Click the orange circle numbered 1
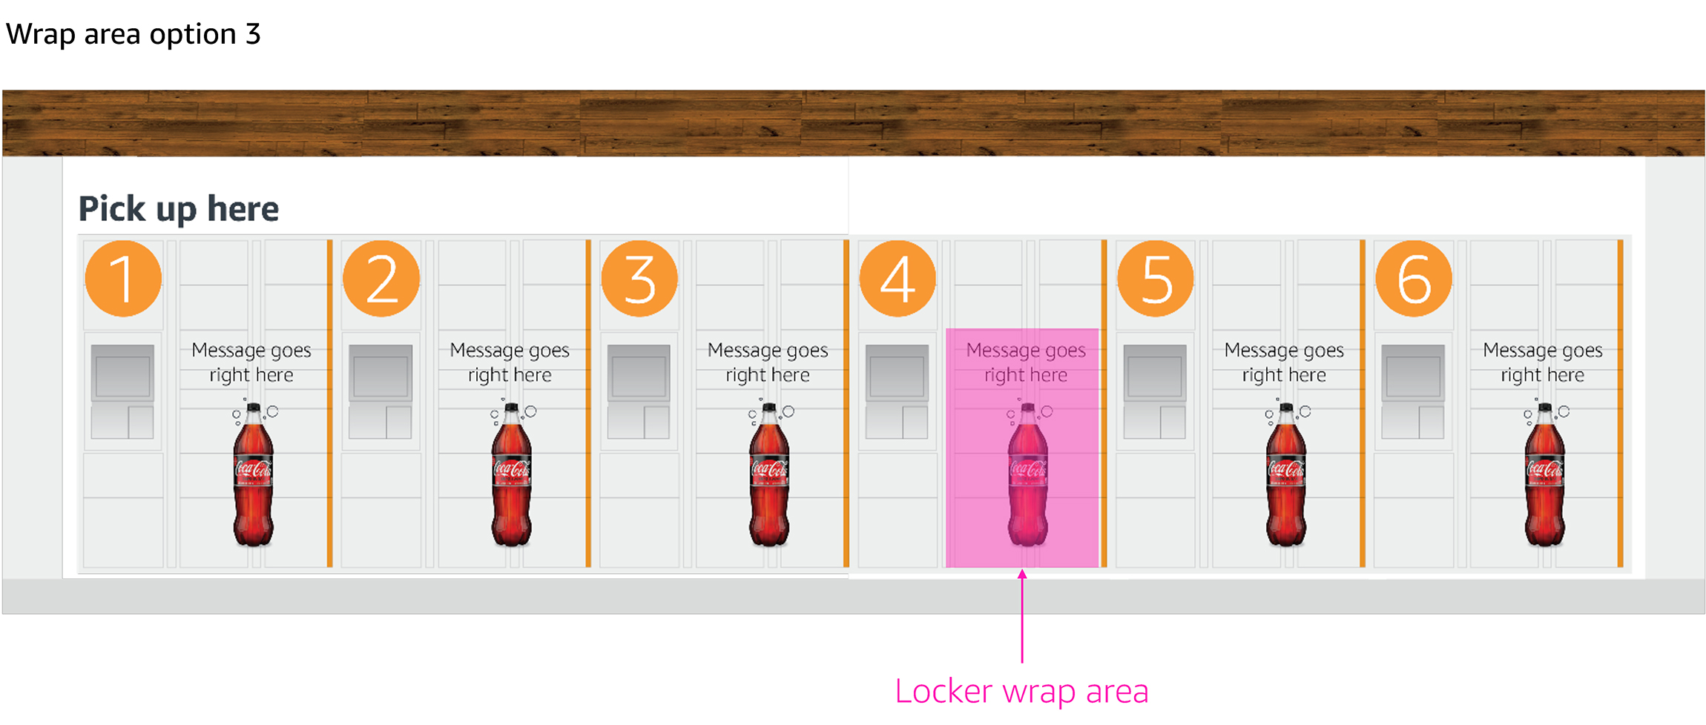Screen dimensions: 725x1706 tap(123, 279)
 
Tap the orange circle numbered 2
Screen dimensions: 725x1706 tap(381, 279)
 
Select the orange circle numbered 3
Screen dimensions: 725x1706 tap(639, 279)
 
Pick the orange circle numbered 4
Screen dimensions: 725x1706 tap(898, 279)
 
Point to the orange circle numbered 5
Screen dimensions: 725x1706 tap(1156, 279)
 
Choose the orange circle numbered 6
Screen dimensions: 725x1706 tap(1414, 279)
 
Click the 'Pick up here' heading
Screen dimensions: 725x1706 tap(179, 209)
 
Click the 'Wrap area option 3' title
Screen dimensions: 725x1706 tap(134, 34)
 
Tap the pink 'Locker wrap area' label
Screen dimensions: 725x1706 tap(1021, 691)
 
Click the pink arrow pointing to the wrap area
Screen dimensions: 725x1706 tap(1022, 615)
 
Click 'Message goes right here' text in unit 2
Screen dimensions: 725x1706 tap(510, 362)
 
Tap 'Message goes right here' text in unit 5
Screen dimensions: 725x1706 tap(1284, 362)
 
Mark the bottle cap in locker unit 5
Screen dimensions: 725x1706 tap(1287, 407)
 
